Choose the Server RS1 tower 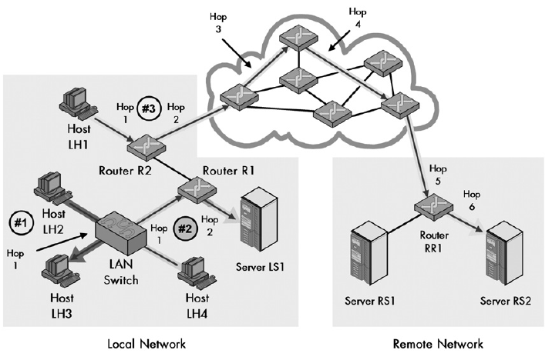(365, 254)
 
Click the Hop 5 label (437, 172)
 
